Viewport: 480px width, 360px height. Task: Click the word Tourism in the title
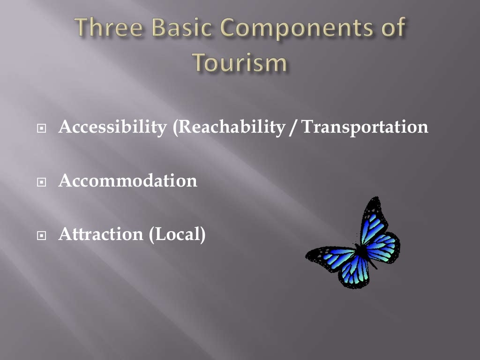click(240, 63)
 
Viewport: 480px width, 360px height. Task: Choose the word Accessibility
click(112, 127)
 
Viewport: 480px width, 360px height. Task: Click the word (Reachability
click(228, 127)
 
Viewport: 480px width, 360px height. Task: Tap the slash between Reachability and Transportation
click(293, 127)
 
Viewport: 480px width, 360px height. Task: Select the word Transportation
click(365, 127)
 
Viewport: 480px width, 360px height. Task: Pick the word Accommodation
click(127, 181)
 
